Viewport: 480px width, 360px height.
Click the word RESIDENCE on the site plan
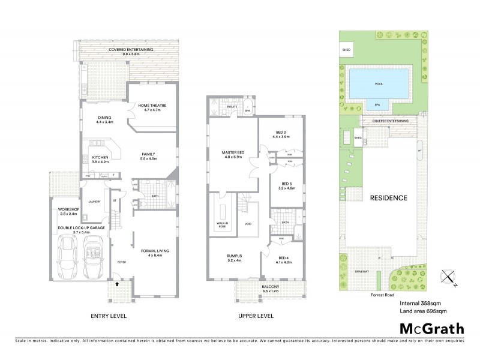[388, 198]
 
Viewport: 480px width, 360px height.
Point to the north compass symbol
[447, 277]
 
